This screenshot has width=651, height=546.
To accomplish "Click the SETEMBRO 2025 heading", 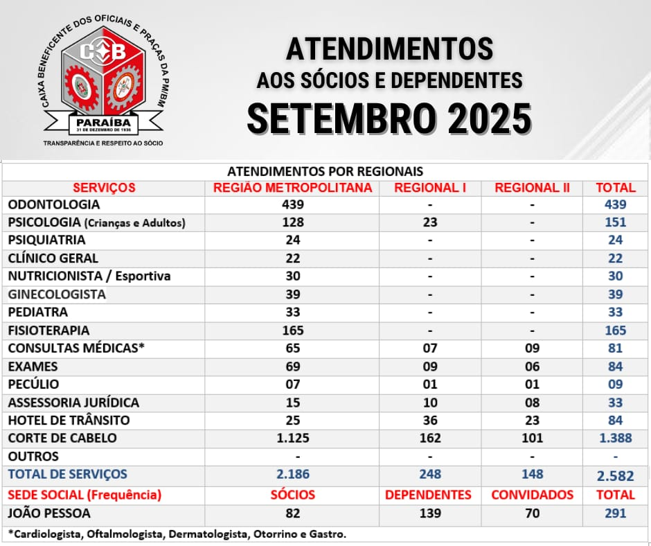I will tap(389, 118).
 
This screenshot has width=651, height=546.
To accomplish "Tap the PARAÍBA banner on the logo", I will tap(105, 123).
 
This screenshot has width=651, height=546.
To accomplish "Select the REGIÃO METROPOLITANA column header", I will tap(292, 187).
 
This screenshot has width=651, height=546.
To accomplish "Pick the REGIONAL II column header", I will tap(533, 187).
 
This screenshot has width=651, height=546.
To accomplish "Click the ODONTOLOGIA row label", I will tap(54, 204).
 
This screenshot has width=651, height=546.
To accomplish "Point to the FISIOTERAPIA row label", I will tap(48, 331).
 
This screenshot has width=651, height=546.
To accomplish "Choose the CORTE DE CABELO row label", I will tap(62, 438).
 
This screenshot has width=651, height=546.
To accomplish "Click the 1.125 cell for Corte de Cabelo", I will tap(292, 438).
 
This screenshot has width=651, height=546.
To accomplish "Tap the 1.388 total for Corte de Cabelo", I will tap(616, 438).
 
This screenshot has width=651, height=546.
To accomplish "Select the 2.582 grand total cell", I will tap(616, 475).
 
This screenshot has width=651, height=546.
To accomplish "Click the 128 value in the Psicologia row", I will tap(292, 222).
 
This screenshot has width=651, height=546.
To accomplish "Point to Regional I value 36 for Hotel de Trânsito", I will tap(430, 420).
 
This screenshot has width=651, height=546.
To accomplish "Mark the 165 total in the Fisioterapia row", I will tap(616, 331).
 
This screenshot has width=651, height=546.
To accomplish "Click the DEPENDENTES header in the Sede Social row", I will tap(428, 495).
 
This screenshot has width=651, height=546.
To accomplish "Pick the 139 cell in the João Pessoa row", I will tap(430, 513).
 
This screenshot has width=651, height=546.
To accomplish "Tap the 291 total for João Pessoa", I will tap(616, 513).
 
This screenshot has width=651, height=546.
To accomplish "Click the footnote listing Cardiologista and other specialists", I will tap(177, 534).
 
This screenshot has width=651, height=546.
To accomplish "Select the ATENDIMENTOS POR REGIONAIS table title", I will tap(325, 170).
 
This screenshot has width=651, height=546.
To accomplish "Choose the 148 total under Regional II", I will tap(533, 475).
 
